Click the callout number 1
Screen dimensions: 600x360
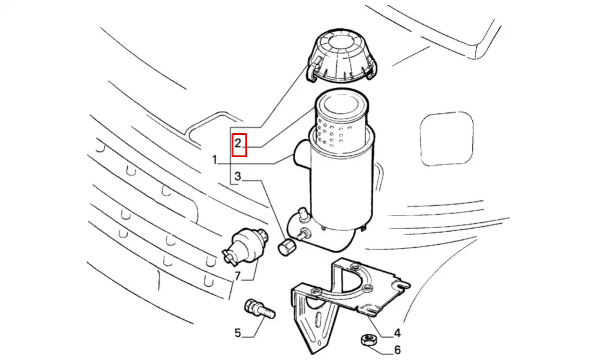(x=215, y=160)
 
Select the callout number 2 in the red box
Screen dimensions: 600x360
(x=238, y=143)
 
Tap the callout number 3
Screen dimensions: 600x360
(x=238, y=176)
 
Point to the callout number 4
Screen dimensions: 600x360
(x=397, y=333)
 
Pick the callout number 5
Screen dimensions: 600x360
(x=238, y=333)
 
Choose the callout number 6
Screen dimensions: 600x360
(x=397, y=350)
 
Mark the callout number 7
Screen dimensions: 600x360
(x=238, y=275)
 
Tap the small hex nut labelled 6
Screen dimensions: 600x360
(x=369, y=340)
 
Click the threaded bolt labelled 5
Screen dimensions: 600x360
(x=259, y=310)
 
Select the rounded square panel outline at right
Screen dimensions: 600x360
(x=446, y=139)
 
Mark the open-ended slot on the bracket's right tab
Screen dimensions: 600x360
(x=402, y=285)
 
